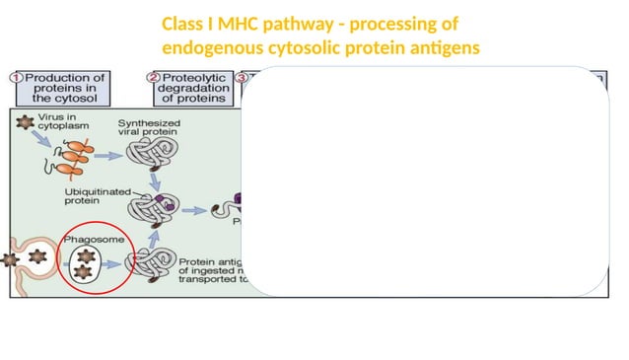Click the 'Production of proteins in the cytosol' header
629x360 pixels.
[64, 88]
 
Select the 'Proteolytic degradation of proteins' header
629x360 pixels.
[194, 88]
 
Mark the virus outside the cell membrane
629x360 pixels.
[11, 260]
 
